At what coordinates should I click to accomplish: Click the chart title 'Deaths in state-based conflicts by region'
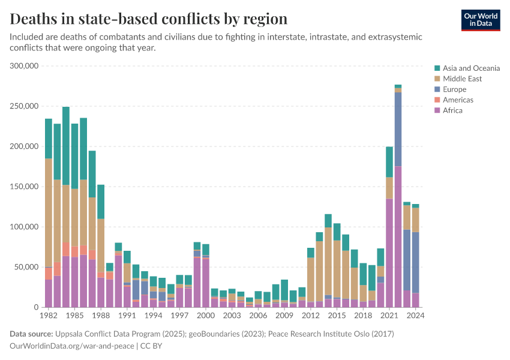pyautogui.click(x=148, y=19)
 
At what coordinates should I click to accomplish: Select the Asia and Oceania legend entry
pyautogui.click(x=471, y=68)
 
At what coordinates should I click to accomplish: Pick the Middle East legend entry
pyautogui.click(x=462, y=79)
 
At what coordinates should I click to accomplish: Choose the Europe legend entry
pyautogui.click(x=454, y=89)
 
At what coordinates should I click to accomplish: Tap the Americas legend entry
pyautogui.click(x=458, y=100)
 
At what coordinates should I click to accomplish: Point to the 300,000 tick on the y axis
pyautogui.click(x=25, y=66)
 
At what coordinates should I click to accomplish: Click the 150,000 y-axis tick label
pyautogui.click(x=25, y=187)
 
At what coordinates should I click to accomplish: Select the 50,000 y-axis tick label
pyautogui.click(x=27, y=267)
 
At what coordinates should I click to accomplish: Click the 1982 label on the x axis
pyautogui.click(x=49, y=315)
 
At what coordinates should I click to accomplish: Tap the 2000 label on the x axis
pyautogui.click(x=206, y=315)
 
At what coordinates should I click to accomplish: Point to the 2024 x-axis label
pyautogui.click(x=415, y=315)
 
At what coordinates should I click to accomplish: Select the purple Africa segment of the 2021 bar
pyautogui.click(x=389, y=252)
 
